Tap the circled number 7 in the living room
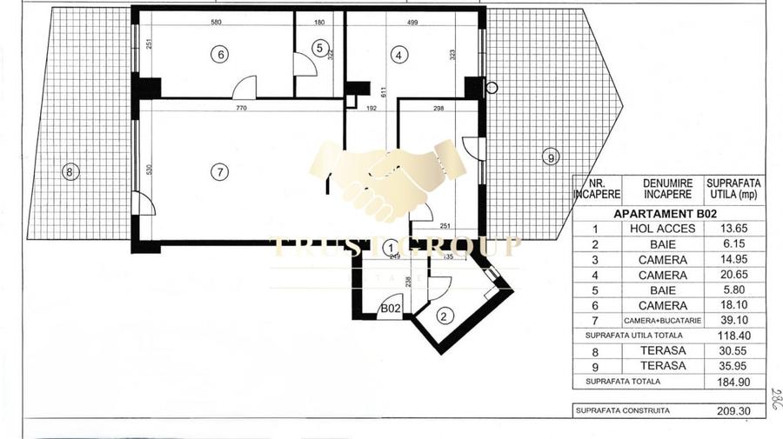(x=221, y=172)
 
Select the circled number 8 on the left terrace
(x=70, y=172)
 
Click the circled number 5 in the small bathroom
(x=319, y=49)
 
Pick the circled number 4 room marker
(x=398, y=55)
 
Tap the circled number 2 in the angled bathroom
(x=444, y=316)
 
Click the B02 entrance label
(x=391, y=309)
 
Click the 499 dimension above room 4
(x=415, y=22)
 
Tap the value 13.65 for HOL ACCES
(x=734, y=229)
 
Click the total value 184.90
(x=734, y=382)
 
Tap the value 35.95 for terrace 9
(x=734, y=366)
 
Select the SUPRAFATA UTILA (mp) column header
(x=734, y=188)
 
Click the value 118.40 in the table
(x=734, y=336)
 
